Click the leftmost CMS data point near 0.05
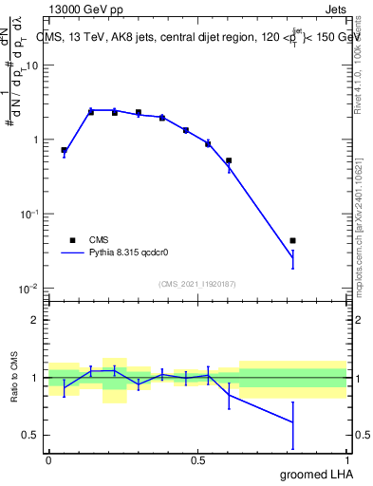(x=64, y=150)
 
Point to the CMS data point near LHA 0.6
(x=229, y=160)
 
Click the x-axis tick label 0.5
(x=197, y=460)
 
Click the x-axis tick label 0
(x=48, y=460)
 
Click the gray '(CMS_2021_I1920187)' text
(x=197, y=284)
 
